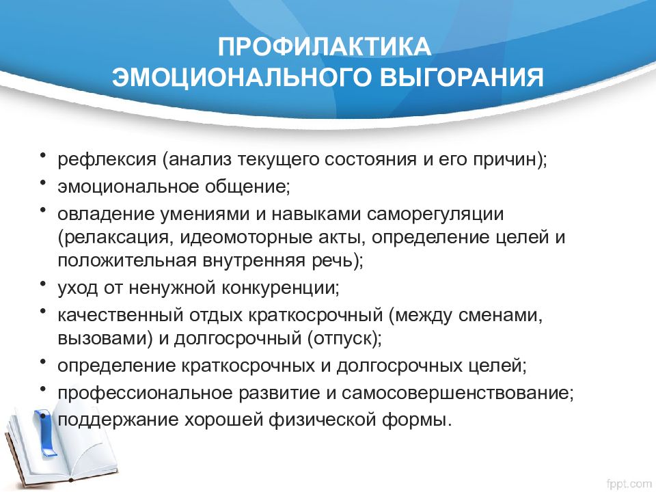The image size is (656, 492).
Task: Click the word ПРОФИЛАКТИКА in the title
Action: [324, 46]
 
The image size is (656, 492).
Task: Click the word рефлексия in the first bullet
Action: [107, 159]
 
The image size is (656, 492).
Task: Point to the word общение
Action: [247, 187]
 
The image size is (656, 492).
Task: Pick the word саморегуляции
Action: [435, 214]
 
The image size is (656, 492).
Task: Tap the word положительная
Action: [127, 260]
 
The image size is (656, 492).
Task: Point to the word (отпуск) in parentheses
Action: [344, 339]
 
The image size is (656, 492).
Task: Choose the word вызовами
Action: [105, 339]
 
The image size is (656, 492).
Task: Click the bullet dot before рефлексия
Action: [42, 156]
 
